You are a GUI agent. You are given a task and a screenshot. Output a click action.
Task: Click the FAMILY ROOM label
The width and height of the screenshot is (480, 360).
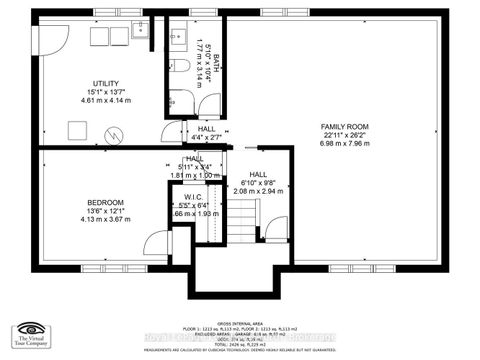click(x=344, y=126)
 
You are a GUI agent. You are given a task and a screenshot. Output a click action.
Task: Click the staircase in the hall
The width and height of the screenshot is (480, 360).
click(x=244, y=220)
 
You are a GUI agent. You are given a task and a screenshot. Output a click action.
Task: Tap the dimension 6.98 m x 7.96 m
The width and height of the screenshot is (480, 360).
click(x=344, y=145)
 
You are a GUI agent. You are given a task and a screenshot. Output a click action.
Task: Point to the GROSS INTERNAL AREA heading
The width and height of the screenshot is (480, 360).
click(x=239, y=323)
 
